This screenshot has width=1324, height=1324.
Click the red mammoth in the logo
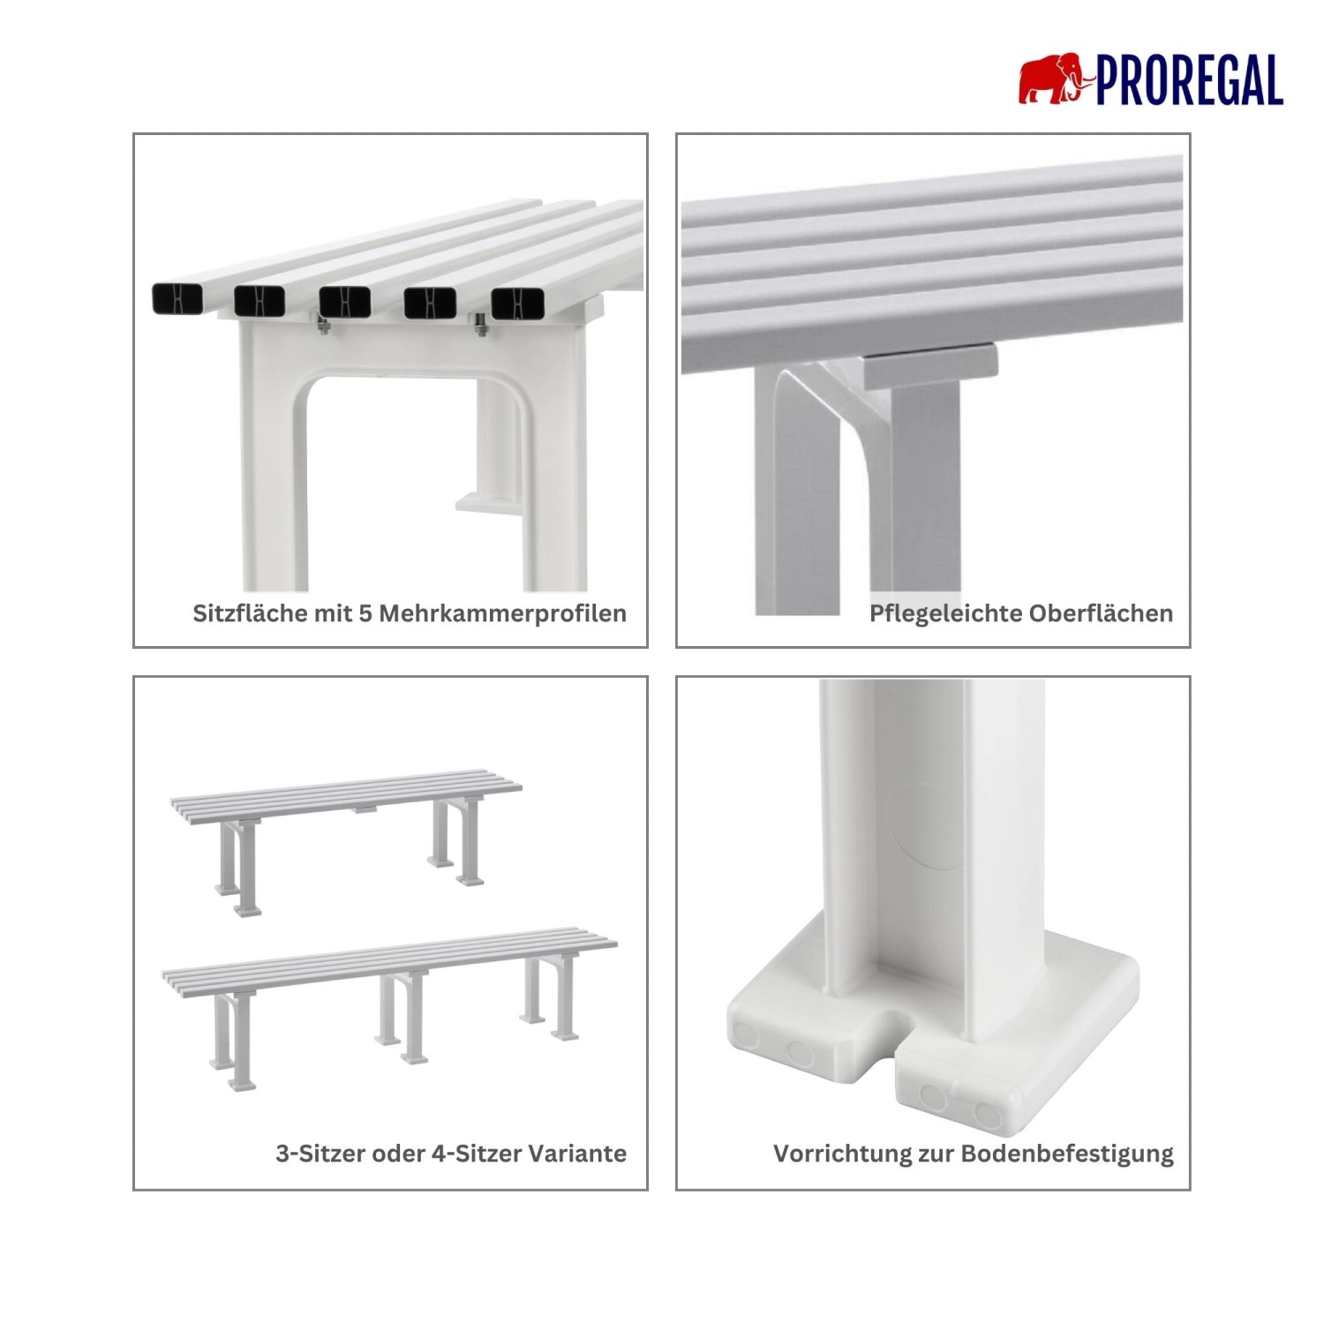click(x=1056, y=79)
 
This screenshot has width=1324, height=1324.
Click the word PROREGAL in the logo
click(x=1190, y=80)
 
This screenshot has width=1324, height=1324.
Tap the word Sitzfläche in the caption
click(x=251, y=613)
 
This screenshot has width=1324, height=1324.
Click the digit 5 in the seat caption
click(x=365, y=613)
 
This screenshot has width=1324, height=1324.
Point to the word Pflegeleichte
click(x=944, y=614)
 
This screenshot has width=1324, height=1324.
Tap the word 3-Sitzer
click(x=320, y=1154)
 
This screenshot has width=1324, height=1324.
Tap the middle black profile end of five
click(x=345, y=301)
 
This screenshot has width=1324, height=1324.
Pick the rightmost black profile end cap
click(x=515, y=304)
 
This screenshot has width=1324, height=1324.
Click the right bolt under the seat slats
click(x=481, y=325)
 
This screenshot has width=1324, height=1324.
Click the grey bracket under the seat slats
click(x=930, y=367)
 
